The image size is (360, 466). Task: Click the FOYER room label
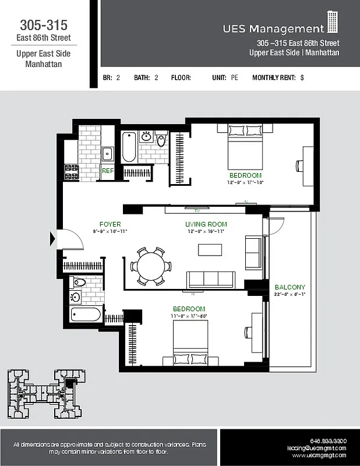coord(110,224)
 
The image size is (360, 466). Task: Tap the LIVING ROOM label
coord(206,224)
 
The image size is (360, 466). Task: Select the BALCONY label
coord(290,287)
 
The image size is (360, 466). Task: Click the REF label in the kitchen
coord(108,171)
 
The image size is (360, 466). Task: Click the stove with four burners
coord(71,172)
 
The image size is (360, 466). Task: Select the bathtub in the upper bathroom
coord(129,148)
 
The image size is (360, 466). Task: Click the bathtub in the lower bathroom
coord(87,315)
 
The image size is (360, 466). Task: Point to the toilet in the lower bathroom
coord(80,283)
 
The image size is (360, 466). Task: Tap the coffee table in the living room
coord(210,250)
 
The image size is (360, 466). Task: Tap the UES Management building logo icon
coord(333,23)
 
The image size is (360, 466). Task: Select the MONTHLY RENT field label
coord(274,77)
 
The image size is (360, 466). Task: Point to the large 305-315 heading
coord(44,25)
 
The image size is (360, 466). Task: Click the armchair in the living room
coord(253,253)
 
